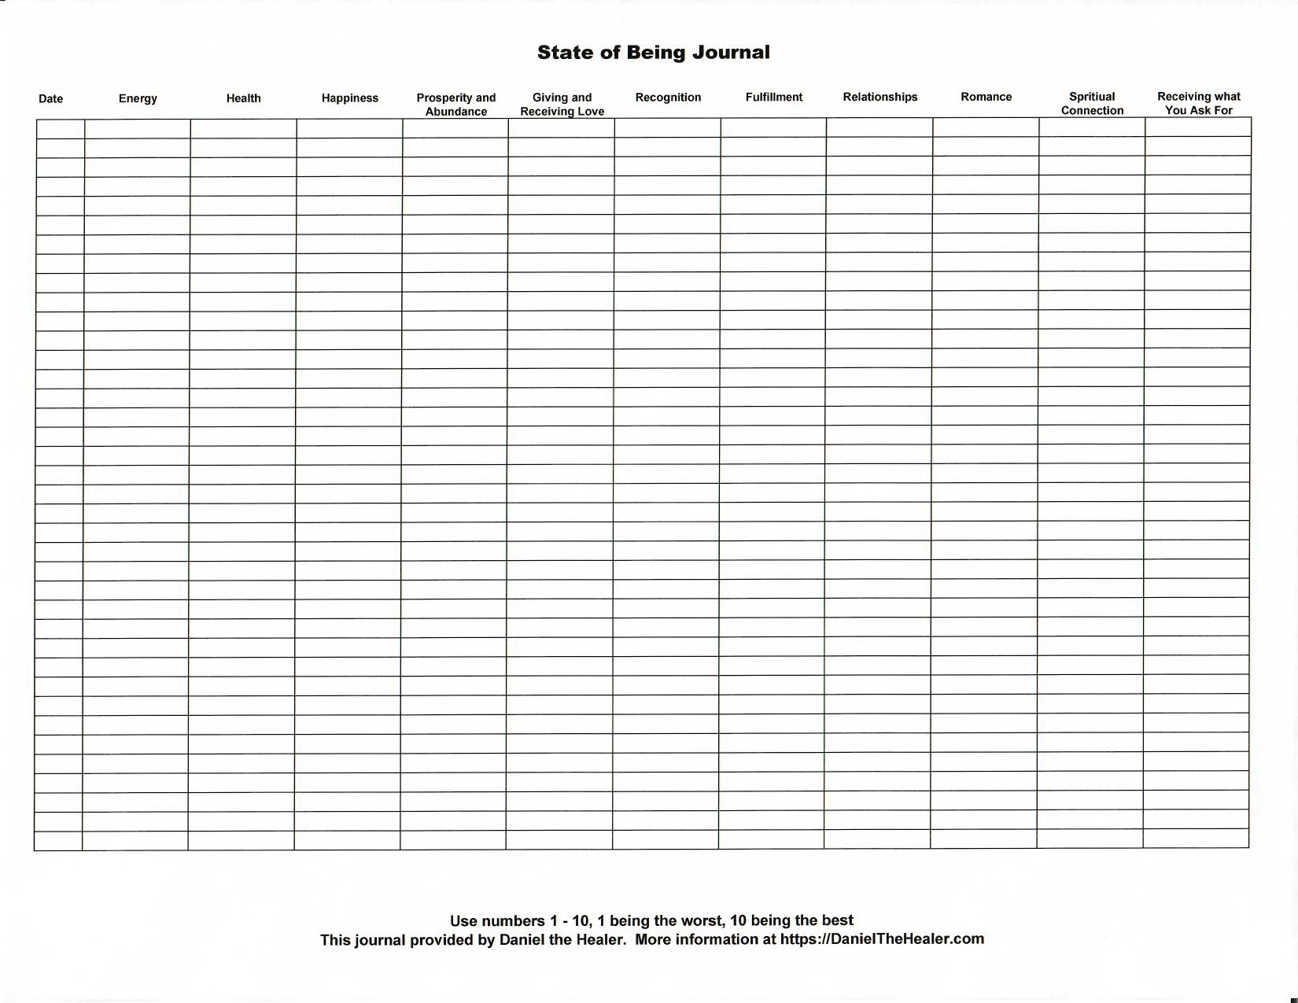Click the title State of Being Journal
(653, 53)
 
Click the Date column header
(50, 99)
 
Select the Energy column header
(138, 98)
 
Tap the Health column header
(243, 98)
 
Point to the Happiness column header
(350, 98)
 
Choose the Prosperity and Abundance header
(455, 105)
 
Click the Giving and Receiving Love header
(562, 105)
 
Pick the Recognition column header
(668, 98)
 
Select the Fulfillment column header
(774, 98)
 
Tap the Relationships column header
(880, 97)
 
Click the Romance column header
(986, 97)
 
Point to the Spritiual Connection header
(1092, 104)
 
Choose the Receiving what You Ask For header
(1198, 103)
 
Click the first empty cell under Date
(61, 129)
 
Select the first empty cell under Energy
(138, 129)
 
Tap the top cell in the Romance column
(986, 127)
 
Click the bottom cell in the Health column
(241, 840)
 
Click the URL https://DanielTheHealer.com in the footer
(882, 939)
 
